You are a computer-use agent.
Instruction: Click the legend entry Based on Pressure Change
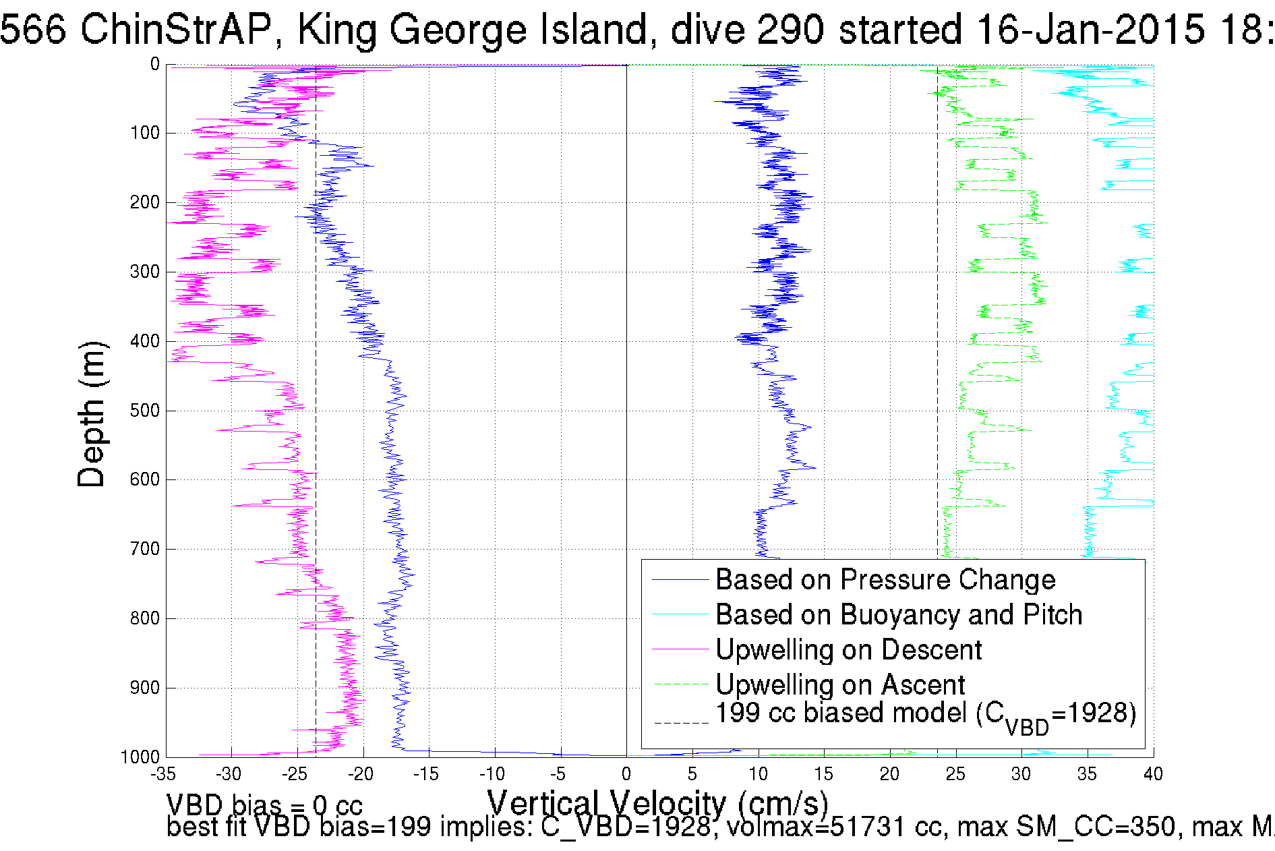(x=885, y=579)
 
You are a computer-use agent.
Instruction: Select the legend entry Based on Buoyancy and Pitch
(x=898, y=614)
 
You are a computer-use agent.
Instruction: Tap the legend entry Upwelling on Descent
(x=848, y=649)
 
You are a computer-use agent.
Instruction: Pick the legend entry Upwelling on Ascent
(x=839, y=684)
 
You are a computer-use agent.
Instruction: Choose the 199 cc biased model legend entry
(x=925, y=715)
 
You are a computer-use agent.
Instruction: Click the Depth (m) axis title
(x=92, y=414)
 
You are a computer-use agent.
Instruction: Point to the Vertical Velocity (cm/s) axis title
(x=657, y=803)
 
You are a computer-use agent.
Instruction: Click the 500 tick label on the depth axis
(x=144, y=411)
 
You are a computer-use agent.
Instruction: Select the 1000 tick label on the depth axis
(x=140, y=757)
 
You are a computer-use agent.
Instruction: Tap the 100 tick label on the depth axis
(x=144, y=133)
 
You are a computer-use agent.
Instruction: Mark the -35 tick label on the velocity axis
(x=164, y=774)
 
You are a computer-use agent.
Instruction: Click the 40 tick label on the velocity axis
(x=1153, y=774)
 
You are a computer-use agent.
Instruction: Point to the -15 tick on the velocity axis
(x=429, y=774)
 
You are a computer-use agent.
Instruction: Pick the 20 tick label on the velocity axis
(x=889, y=774)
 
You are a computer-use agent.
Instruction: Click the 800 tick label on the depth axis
(x=144, y=618)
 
